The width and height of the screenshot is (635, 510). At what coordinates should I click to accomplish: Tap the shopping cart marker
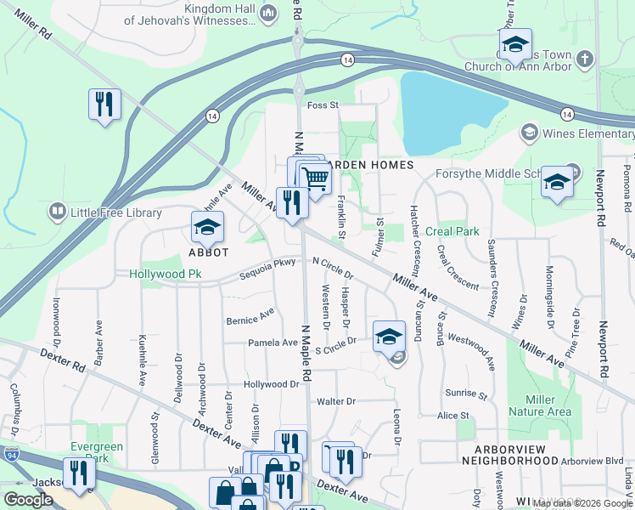[x=316, y=179]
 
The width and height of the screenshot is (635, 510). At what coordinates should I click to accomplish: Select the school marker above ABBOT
[x=206, y=227]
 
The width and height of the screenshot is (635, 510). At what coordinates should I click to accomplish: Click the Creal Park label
[x=452, y=231]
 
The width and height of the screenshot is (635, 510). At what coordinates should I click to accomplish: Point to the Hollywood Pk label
[x=166, y=275]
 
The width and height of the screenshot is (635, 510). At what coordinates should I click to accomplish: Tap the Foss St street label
[x=323, y=105]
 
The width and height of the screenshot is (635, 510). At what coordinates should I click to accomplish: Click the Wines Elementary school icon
[x=529, y=133]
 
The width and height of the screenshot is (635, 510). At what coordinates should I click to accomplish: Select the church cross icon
[x=584, y=59]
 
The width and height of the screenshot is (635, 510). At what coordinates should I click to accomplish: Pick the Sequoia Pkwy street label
[x=267, y=263]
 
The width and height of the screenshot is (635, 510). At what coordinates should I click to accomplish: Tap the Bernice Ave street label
[x=250, y=317]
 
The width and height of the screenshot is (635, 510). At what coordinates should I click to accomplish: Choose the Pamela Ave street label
[x=271, y=342]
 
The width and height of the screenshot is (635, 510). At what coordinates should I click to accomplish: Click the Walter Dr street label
[x=335, y=401]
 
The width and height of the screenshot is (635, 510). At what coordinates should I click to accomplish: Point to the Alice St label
[x=453, y=416]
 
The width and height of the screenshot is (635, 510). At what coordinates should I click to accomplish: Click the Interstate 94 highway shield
[x=12, y=454]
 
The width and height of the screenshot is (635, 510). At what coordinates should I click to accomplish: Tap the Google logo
[x=28, y=500]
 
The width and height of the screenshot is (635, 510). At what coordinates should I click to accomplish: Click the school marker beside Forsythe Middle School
[x=556, y=182]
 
